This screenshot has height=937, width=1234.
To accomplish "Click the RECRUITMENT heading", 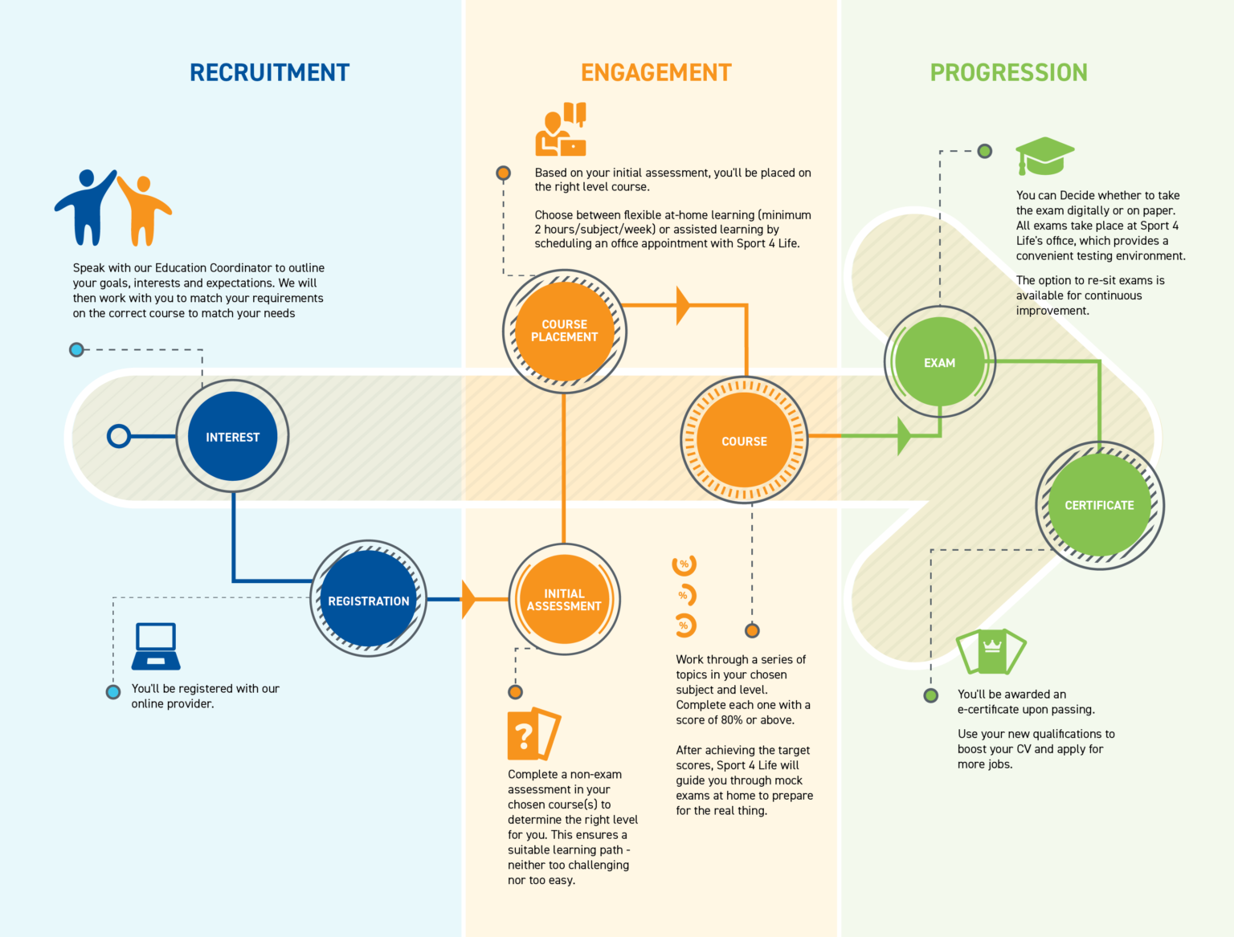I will click(x=269, y=72).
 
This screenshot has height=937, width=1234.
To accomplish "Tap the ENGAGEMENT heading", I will click(x=656, y=72).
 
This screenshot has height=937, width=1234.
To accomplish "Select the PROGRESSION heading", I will click(x=1008, y=72).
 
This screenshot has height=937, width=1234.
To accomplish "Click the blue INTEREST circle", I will click(x=232, y=437).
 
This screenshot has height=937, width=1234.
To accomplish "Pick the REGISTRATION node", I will click(x=368, y=600).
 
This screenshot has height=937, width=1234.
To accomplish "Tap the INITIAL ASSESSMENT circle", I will click(x=564, y=600).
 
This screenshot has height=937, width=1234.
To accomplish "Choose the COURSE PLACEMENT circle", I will click(x=564, y=331).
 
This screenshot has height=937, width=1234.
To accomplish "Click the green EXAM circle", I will click(x=939, y=362).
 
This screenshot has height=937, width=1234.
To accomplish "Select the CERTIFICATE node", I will click(x=1099, y=505).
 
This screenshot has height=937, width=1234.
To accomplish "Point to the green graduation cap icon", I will click(x=1044, y=155).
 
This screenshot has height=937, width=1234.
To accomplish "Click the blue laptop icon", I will click(x=156, y=646).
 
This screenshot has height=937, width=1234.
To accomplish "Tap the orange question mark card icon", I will click(x=532, y=734).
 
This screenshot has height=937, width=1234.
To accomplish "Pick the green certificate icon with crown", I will click(x=991, y=651).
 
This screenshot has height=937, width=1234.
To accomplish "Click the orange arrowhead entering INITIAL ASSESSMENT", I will click(x=469, y=599).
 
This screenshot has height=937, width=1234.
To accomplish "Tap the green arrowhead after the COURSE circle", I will click(x=905, y=436).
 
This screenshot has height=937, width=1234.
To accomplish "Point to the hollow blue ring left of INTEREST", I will click(x=119, y=436).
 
